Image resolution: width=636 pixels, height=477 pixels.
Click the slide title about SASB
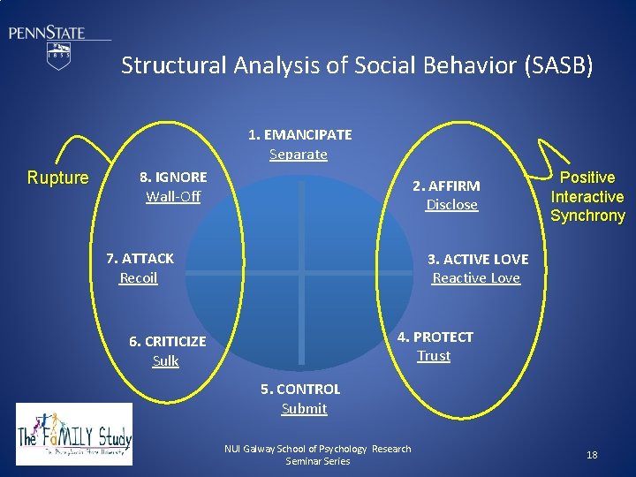(357, 65)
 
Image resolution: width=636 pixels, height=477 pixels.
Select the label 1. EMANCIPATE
(299, 135)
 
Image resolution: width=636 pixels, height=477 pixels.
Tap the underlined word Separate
(299, 155)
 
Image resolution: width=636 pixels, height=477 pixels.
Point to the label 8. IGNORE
(173, 178)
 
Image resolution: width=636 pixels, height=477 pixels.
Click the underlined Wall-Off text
(173, 196)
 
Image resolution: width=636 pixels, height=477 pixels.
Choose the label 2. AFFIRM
(447, 185)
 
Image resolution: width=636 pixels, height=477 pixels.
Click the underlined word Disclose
(451, 205)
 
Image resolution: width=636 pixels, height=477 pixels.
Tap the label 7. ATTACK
(140, 259)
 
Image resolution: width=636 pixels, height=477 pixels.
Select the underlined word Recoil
(139, 278)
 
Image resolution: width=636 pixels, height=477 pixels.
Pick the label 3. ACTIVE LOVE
(478, 260)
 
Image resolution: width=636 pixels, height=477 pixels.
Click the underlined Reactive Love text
(476, 278)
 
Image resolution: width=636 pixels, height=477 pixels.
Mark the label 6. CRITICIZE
(167, 342)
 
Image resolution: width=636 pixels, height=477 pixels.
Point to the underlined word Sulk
(166, 360)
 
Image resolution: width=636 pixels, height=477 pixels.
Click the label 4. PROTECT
(435, 337)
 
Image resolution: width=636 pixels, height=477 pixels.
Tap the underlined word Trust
(434, 356)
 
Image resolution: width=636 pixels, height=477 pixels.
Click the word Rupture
(58, 178)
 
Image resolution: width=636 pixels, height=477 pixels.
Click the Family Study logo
(74, 434)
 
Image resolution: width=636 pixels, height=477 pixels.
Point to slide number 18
(592, 455)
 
